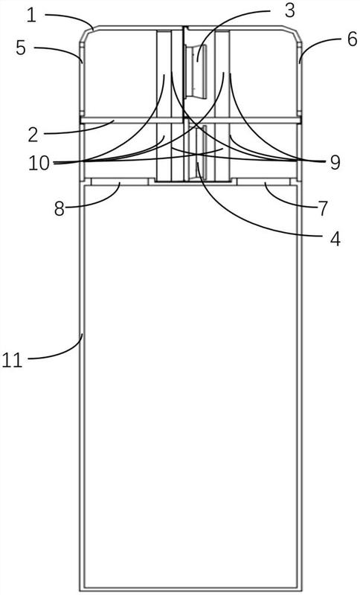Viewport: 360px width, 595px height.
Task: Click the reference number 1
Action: [31, 16]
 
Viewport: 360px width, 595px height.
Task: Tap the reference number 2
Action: [33, 135]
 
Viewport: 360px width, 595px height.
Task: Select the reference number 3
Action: [289, 11]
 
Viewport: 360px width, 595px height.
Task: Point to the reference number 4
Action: [335, 239]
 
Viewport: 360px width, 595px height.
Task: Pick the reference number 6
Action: [352, 39]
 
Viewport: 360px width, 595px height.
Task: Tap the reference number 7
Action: [322, 209]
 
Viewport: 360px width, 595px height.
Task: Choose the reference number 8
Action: [60, 209]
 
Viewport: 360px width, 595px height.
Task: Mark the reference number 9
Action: [335, 162]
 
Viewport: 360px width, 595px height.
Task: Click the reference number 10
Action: [40, 163]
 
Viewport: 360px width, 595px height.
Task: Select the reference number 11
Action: [12, 360]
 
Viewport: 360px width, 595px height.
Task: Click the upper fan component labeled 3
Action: [196, 71]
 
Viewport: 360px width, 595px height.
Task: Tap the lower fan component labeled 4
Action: [198, 152]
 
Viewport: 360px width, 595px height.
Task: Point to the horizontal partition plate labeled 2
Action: [190, 120]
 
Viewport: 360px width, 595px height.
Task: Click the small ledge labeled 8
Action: [119, 181]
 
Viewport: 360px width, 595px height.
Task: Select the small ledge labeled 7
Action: [263, 181]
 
